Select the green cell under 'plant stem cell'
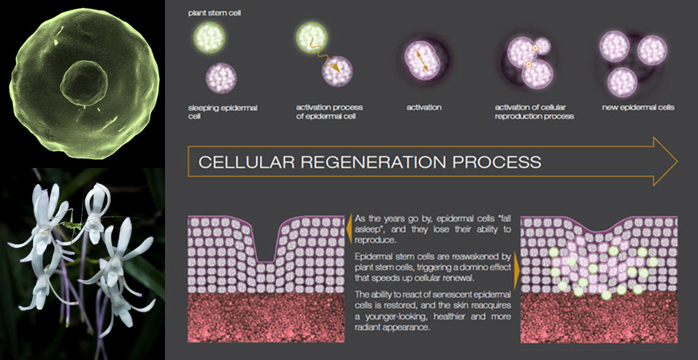click(x=210, y=38)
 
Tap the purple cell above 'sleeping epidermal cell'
click(x=220, y=78)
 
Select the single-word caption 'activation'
click(x=423, y=107)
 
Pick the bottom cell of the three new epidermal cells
click(x=622, y=83)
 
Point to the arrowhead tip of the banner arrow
click(x=678, y=161)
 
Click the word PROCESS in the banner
click(x=496, y=162)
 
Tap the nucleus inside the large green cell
click(x=84, y=83)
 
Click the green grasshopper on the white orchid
click(x=72, y=225)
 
